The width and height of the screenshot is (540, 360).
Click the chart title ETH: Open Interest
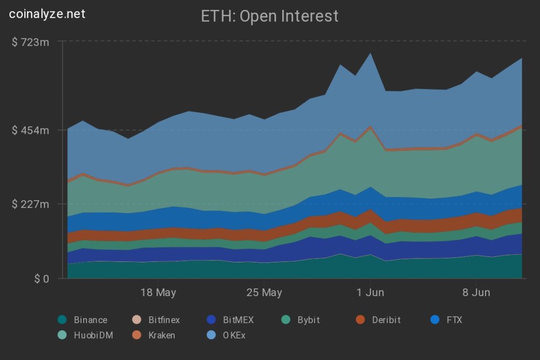(x=270, y=16)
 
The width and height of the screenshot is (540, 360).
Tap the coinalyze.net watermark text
(x=47, y=14)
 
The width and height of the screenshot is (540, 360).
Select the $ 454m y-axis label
(x=30, y=130)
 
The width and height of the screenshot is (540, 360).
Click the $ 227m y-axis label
(x=30, y=204)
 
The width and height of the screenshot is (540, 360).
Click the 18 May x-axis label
(x=158, y=293)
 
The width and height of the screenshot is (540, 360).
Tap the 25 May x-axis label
(x=264, y=293)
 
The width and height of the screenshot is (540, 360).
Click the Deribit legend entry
(x=379, y=320)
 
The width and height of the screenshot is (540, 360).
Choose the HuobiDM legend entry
(x=86, y=335)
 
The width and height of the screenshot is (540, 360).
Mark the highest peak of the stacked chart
(x=370, y=53)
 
